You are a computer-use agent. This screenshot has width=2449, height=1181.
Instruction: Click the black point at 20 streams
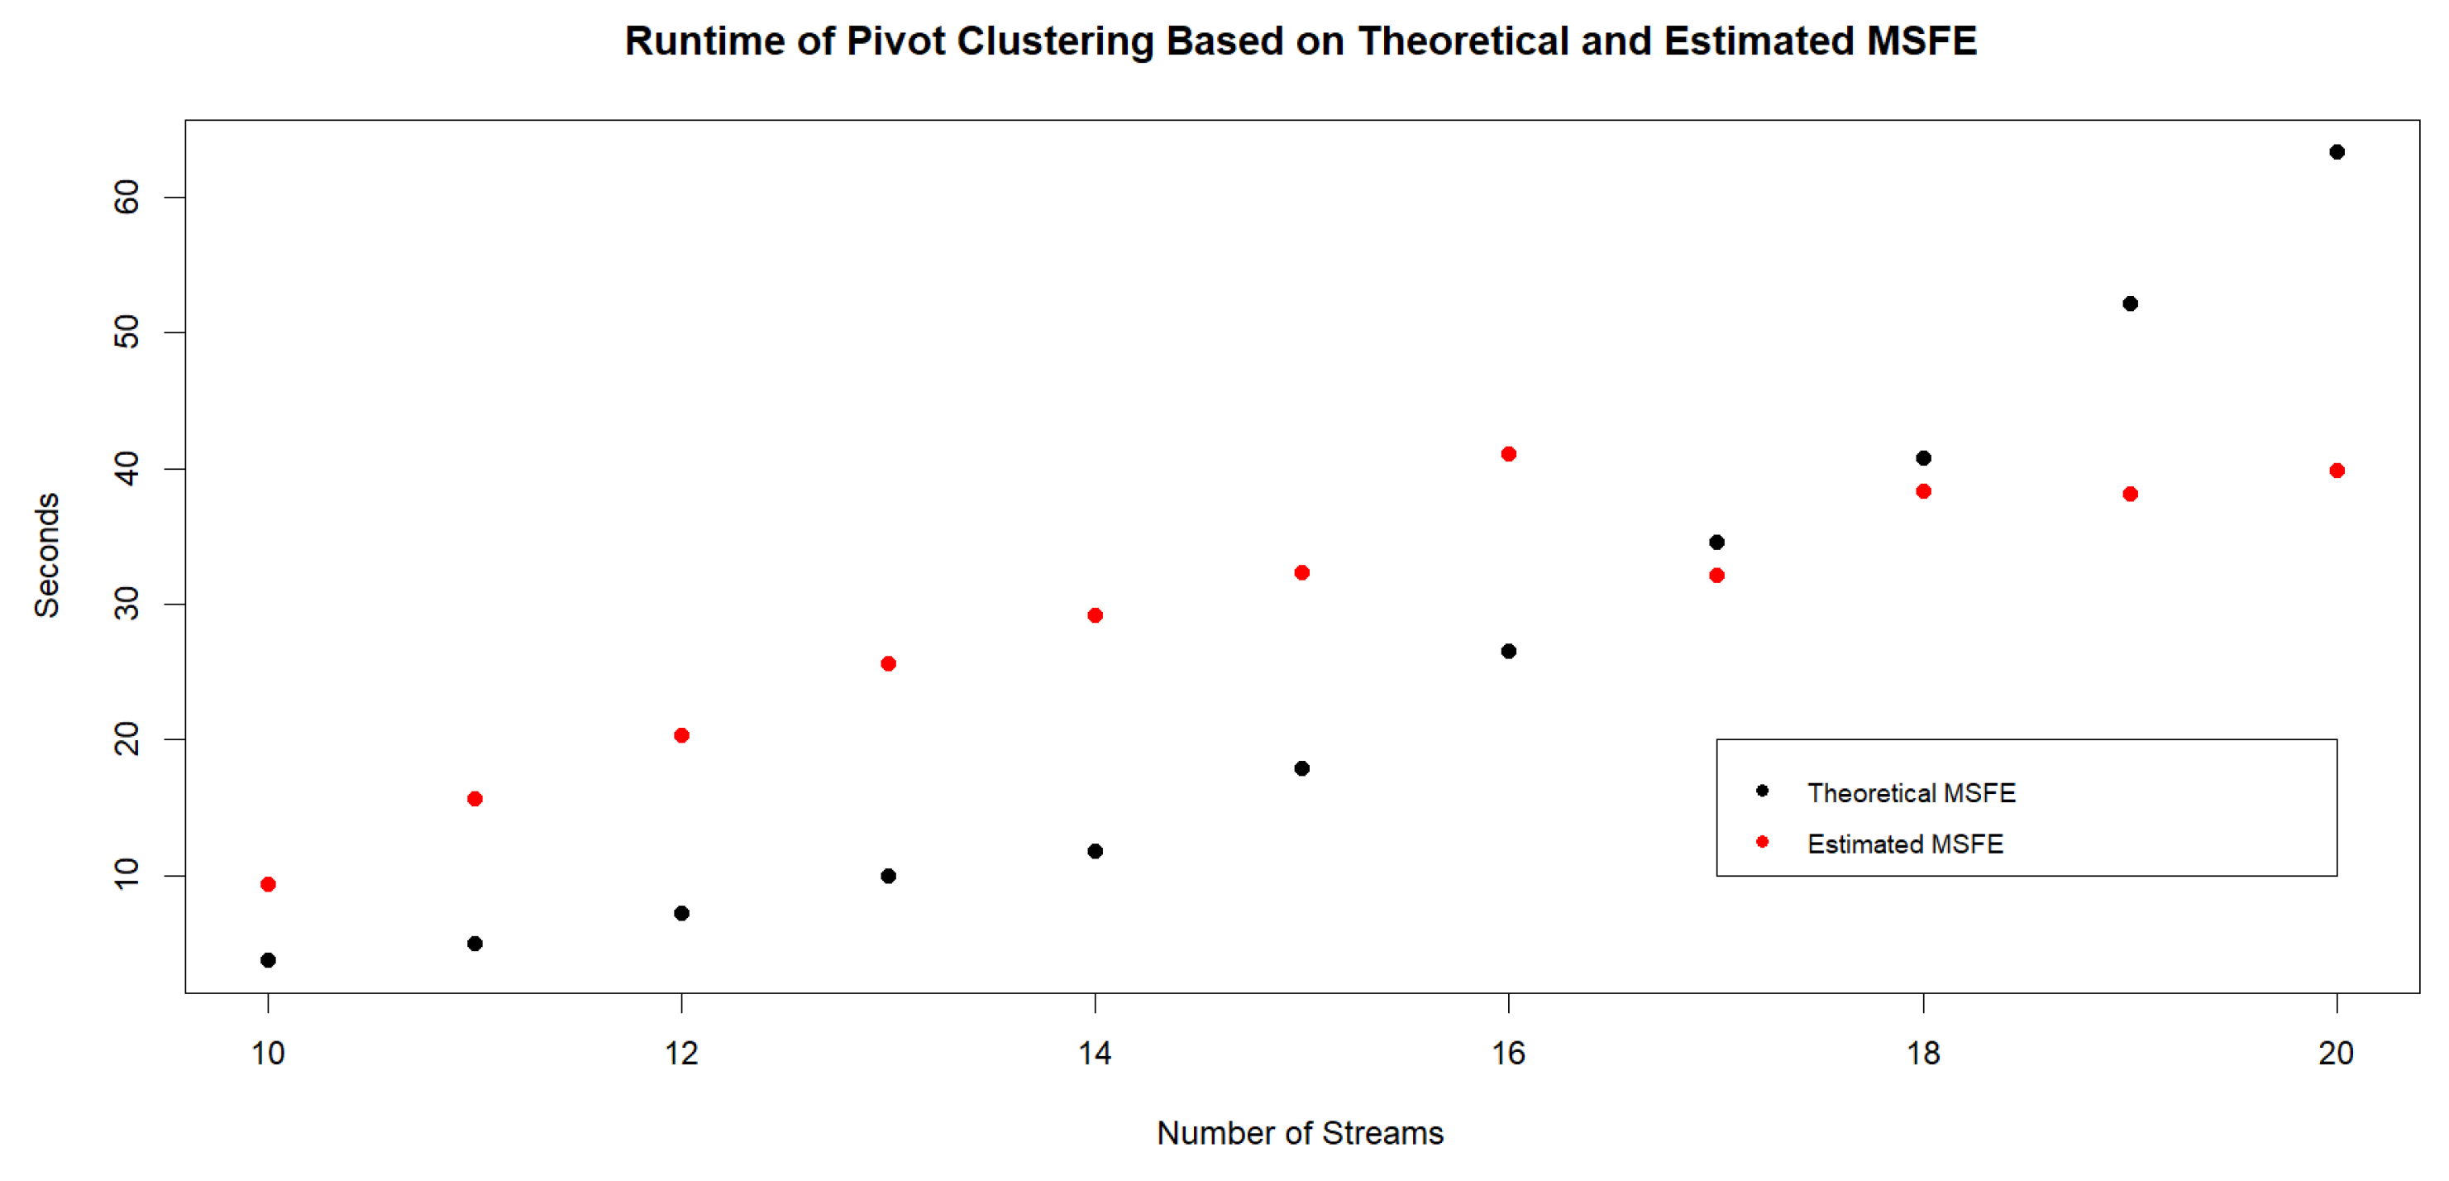[2337, 152]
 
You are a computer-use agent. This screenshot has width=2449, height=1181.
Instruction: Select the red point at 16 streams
[1509, 455]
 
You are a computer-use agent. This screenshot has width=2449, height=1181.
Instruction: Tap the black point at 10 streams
[268, 960]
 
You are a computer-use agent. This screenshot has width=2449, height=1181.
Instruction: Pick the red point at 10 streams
[268, 884]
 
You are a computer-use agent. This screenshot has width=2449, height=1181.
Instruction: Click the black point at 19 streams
[2131, 304]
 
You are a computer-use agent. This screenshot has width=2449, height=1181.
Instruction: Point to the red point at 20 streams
[2337, 471]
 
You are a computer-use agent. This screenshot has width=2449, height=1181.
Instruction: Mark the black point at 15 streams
[1302, 768]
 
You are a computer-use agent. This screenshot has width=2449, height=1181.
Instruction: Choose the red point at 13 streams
[888, 664]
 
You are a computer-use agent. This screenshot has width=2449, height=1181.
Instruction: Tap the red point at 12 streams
[681, 735]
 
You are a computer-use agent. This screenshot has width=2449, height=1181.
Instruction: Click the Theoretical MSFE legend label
[1911, 793]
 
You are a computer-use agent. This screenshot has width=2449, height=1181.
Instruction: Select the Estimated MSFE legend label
[1905, 844]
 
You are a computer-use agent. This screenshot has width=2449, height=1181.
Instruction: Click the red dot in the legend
[1763, 842]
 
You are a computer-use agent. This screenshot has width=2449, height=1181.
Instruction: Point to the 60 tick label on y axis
[127, 197]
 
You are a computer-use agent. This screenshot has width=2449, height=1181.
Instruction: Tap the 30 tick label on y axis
[127, 604]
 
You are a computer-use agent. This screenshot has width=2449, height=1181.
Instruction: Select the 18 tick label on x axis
[1923, 1054]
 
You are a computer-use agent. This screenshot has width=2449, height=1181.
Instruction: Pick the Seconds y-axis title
[46, 555]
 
